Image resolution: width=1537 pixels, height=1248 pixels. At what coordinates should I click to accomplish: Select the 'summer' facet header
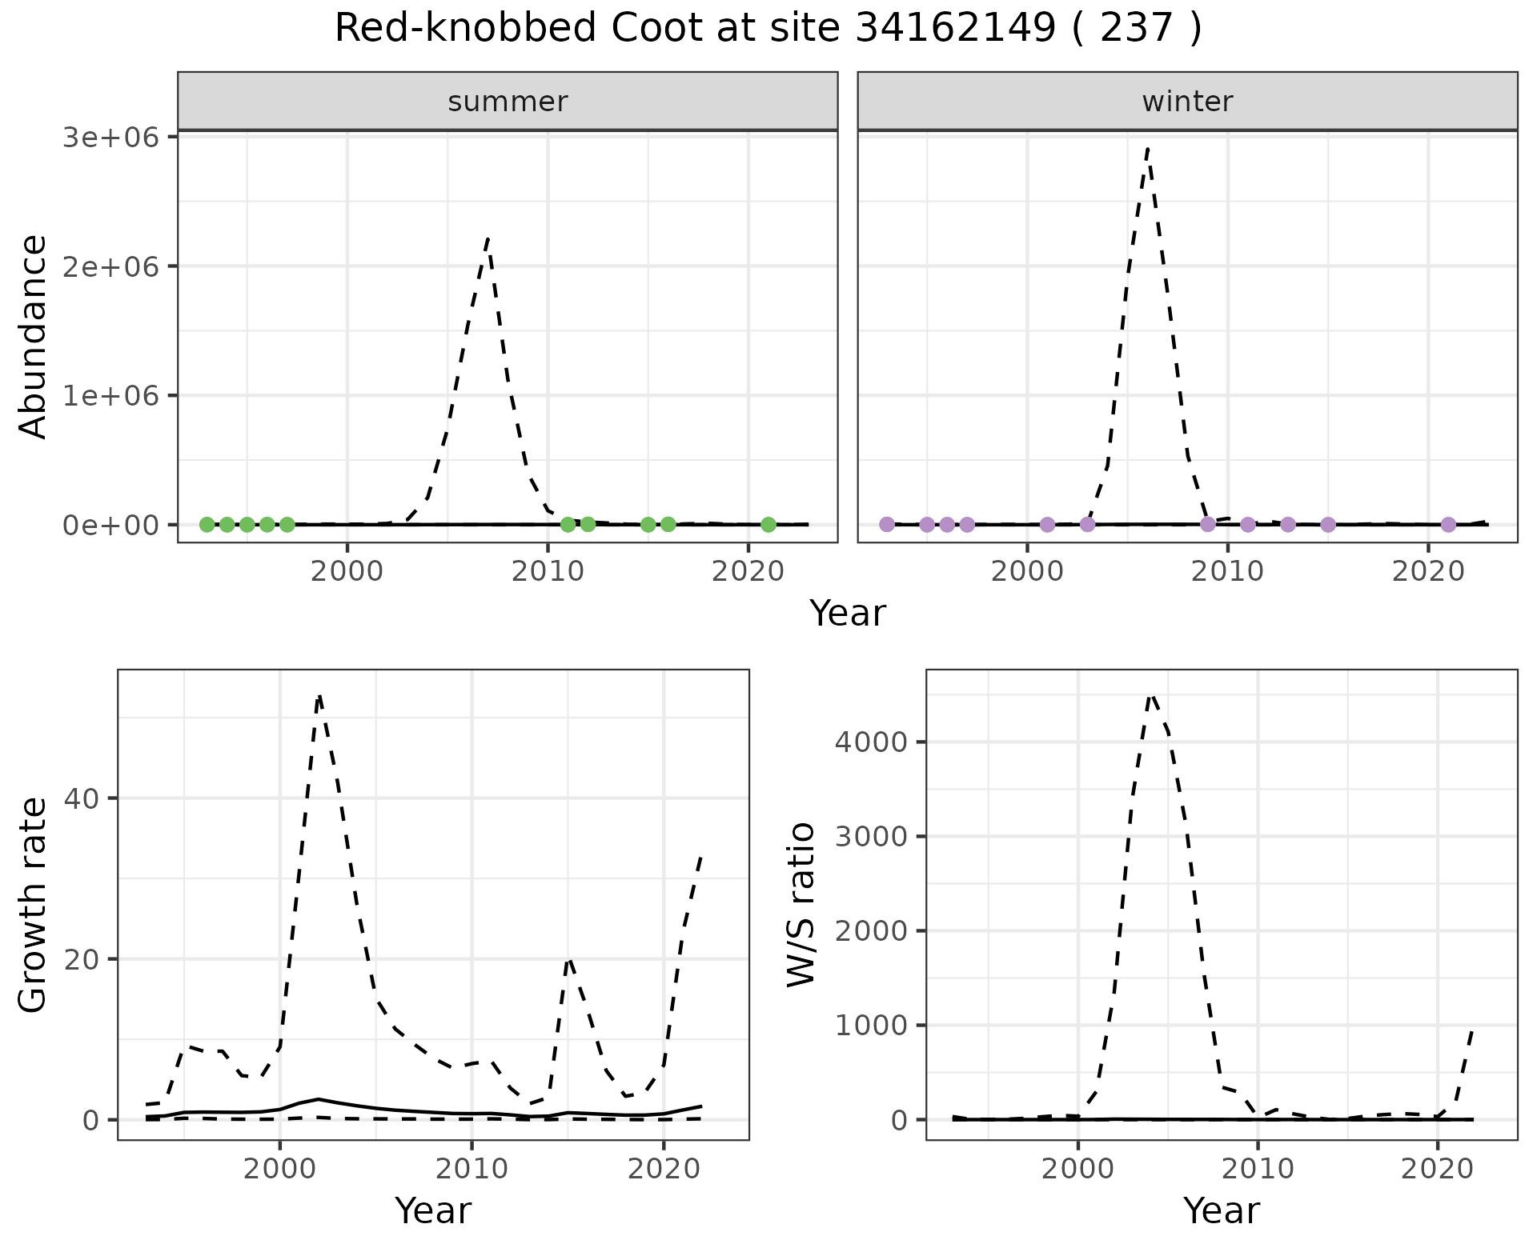pyautogui.click(x=508, y=102)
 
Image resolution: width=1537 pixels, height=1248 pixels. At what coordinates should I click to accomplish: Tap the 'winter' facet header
pyautogui.click(x=1187, y=102)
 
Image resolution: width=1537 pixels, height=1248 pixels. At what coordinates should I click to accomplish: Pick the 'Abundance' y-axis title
pyautogui.click(x=34, y=336)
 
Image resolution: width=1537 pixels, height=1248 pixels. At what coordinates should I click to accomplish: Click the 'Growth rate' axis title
pyautogui.click(x=34, y=905)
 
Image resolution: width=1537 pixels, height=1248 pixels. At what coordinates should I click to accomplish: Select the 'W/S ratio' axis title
pyautogui.click(x=801, y=905)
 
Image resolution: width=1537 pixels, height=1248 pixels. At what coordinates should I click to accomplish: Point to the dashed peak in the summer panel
pyautogui.click(x=488, y=238)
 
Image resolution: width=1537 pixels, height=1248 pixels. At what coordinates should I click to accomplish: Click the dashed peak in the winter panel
pyautogui.click(x=1148, y=149)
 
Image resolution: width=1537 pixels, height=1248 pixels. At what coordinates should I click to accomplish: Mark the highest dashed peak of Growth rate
pyautogui.click(x=319, y=696)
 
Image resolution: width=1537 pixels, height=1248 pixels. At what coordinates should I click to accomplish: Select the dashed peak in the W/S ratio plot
pyautogui.click(x=1151, y=694)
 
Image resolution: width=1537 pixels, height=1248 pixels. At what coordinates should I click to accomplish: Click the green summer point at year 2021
pyautogui.click(x=768, y=525)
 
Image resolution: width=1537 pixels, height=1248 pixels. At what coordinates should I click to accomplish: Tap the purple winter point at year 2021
pyautogui.click(x=1448, y=525)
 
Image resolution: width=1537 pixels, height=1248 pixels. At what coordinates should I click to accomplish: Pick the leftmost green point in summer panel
pyautogui.click(x=207, y=525)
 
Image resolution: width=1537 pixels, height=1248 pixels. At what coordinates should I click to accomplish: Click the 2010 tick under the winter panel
pyautogui.click(x=1227, y=571)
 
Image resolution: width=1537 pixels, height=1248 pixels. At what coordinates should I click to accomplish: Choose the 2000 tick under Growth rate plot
pyautogui.click(x=279, y=1169)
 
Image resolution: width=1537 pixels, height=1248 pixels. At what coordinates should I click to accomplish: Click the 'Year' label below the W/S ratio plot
pyautogui.click(x=1221, y=1210)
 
